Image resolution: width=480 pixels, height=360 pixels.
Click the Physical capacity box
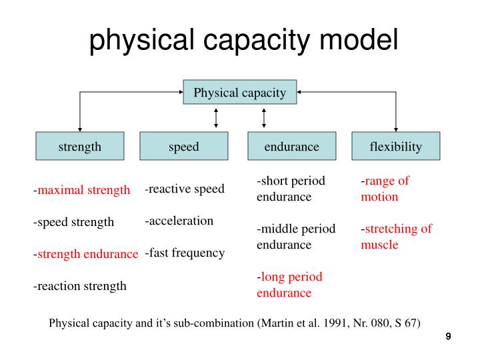[240, 93]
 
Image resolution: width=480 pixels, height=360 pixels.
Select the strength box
[80, 147]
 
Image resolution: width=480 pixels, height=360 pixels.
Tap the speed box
[184, 147]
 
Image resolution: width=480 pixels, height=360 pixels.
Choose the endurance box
[291, 147]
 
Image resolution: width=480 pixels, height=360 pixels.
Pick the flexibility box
[395, 147]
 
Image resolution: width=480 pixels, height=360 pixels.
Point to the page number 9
[449, 337]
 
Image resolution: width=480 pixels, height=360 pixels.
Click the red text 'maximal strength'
[83, 191]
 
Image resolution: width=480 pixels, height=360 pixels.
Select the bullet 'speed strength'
[74, 222]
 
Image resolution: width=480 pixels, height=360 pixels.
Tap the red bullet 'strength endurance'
[87, 254]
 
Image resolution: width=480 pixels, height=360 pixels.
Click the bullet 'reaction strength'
[80, 286]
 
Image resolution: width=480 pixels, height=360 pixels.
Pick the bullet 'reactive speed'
[185, 189]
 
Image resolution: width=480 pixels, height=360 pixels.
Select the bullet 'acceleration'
[179, 221]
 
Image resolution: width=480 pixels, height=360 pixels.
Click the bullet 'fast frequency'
[185, 253]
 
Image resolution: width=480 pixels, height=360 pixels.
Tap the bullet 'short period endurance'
[291, 189]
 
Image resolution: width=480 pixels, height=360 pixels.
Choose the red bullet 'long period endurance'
[289, 285]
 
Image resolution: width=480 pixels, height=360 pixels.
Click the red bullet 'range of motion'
[385, 189]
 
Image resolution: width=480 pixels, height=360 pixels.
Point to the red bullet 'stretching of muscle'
[397, 237]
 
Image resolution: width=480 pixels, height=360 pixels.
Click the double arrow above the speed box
[216, 118]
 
